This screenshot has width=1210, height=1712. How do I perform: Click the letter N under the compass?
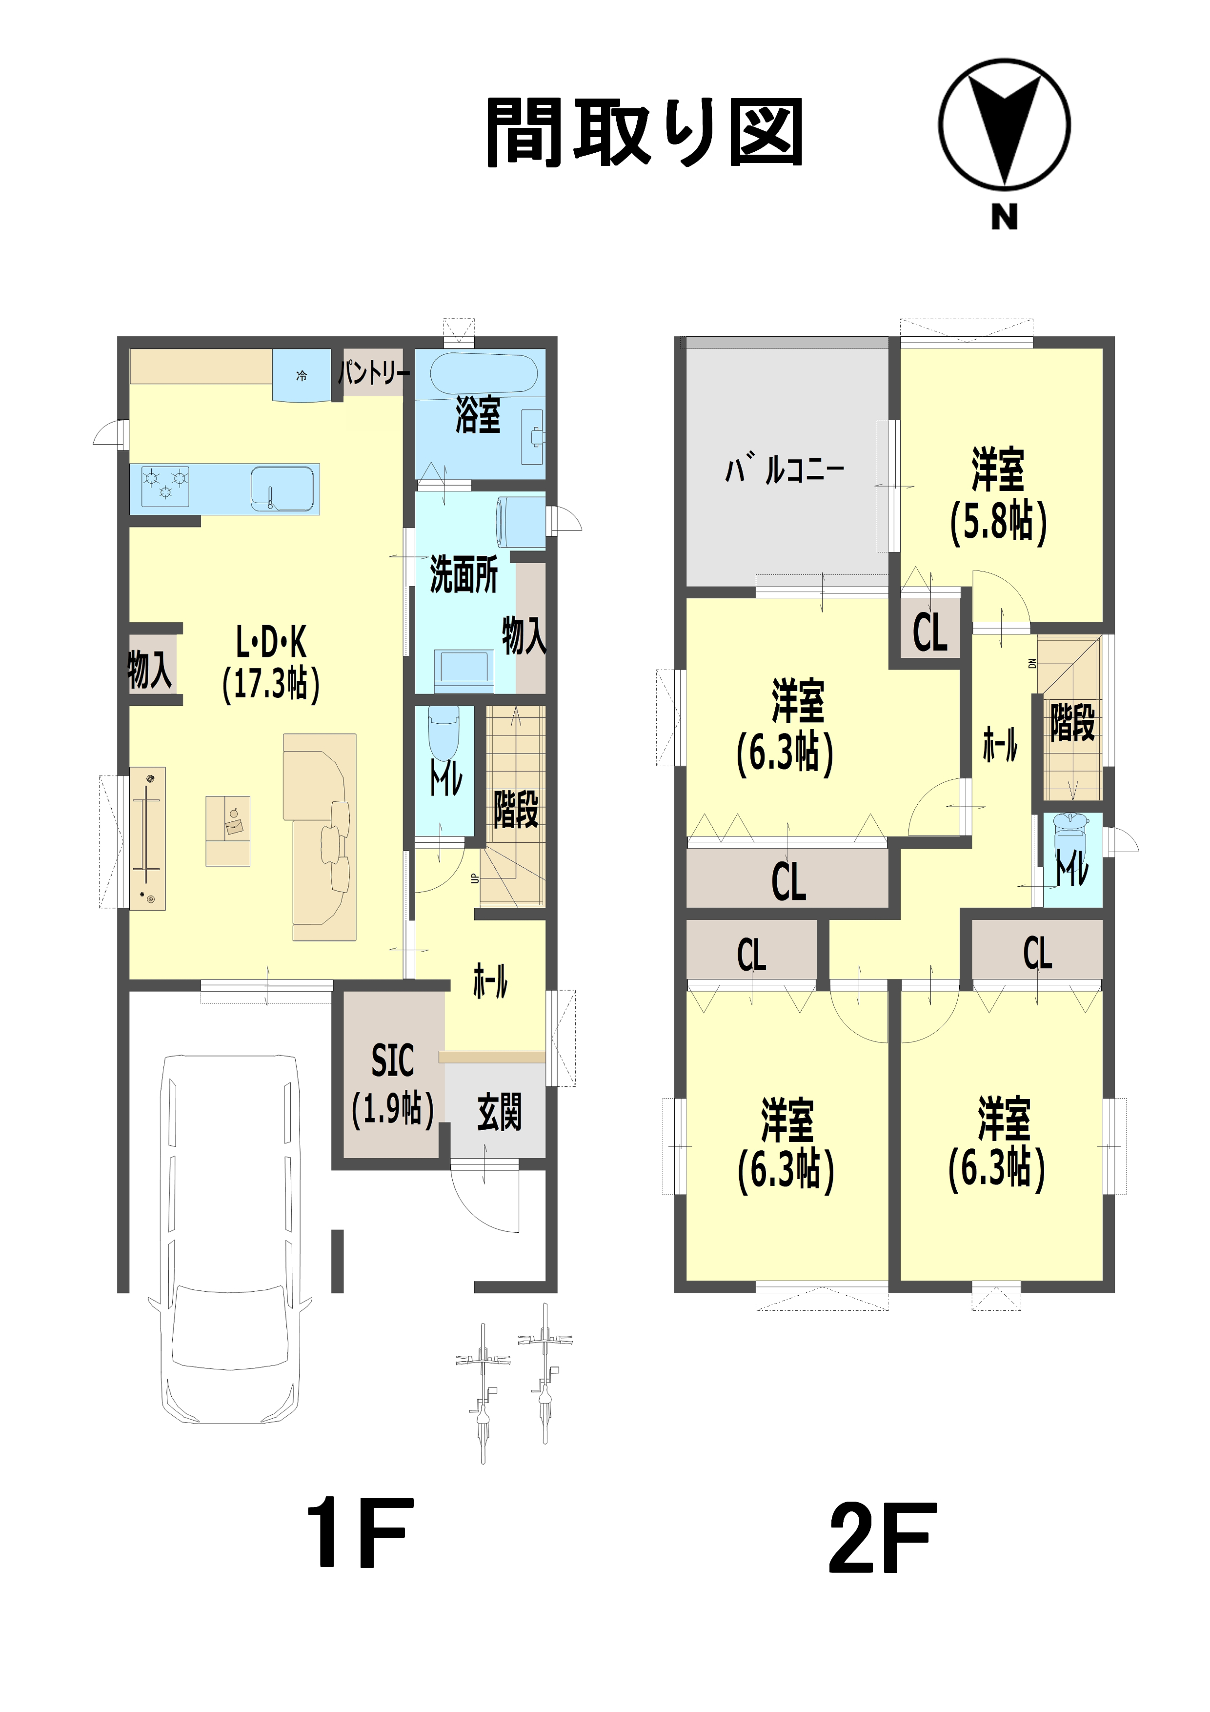(x=1004, y=217)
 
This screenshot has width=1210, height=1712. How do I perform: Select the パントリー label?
(x=374, y=372)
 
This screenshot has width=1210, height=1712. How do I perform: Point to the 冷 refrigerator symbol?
(x=301, y=376)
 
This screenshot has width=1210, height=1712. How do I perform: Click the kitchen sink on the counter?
(x=282, y=489)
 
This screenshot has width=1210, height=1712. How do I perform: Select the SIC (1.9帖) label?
(x=392, y=1086)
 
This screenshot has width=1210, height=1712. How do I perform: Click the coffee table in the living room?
(x=227, y=831)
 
